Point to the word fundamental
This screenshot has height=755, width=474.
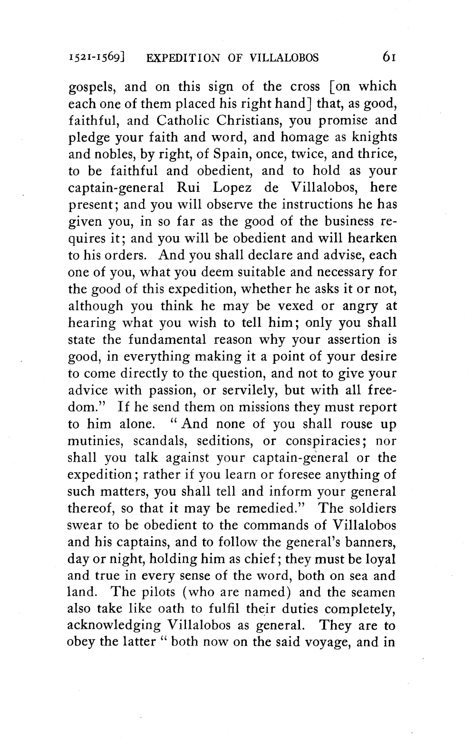(x=168, y=340)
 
